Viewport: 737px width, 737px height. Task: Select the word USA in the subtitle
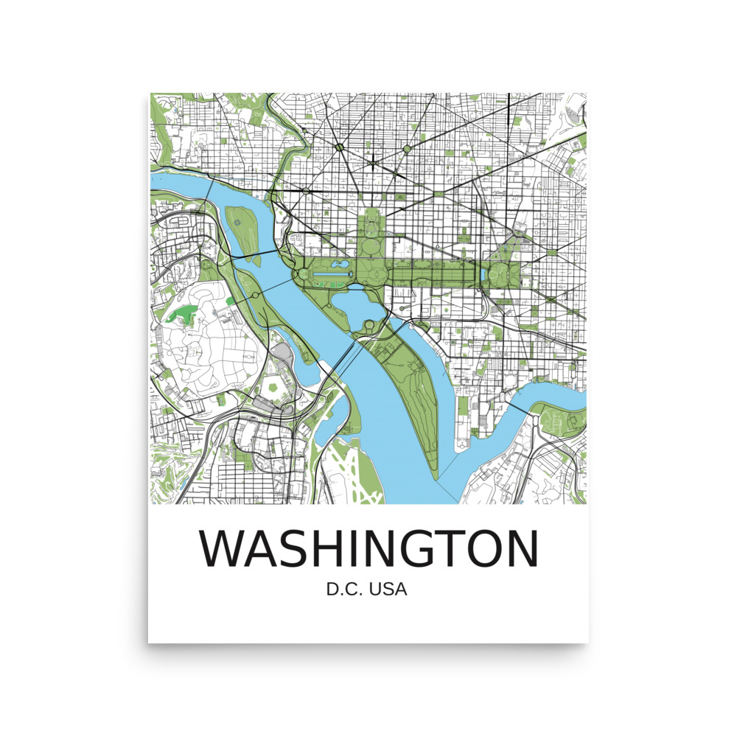389,590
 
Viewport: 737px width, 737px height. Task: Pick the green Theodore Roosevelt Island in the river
240,225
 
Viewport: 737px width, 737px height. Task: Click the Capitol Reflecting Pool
482,275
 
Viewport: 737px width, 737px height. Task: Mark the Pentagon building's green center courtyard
275,386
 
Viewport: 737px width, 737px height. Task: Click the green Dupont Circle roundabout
340,149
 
